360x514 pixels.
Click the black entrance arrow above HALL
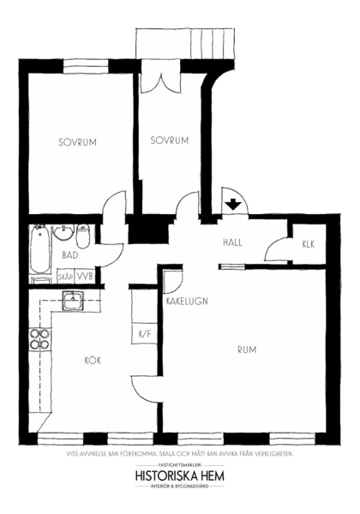(233, 204)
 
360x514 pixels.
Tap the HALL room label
(232, 242)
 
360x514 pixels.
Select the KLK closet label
(309, 244)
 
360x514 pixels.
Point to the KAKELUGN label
(187, 302)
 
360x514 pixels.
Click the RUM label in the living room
(247, 350)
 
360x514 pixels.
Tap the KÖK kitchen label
(93, 361)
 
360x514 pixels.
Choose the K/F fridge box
(145, 334)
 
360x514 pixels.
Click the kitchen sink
(73, 301)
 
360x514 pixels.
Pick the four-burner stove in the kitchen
(39, 339)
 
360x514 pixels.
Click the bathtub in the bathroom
(40, 248)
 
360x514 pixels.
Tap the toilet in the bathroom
(83, 236)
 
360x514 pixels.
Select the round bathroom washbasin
(64, 233)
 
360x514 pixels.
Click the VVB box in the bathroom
(85, 276)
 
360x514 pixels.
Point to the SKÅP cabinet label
(66, 277)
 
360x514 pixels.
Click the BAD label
(70, 255)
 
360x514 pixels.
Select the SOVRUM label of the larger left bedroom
(77, 142)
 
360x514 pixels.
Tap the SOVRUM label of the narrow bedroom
(170, 140)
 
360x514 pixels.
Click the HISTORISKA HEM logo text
(180, 476)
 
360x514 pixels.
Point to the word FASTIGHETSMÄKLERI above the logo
(180, 465)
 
